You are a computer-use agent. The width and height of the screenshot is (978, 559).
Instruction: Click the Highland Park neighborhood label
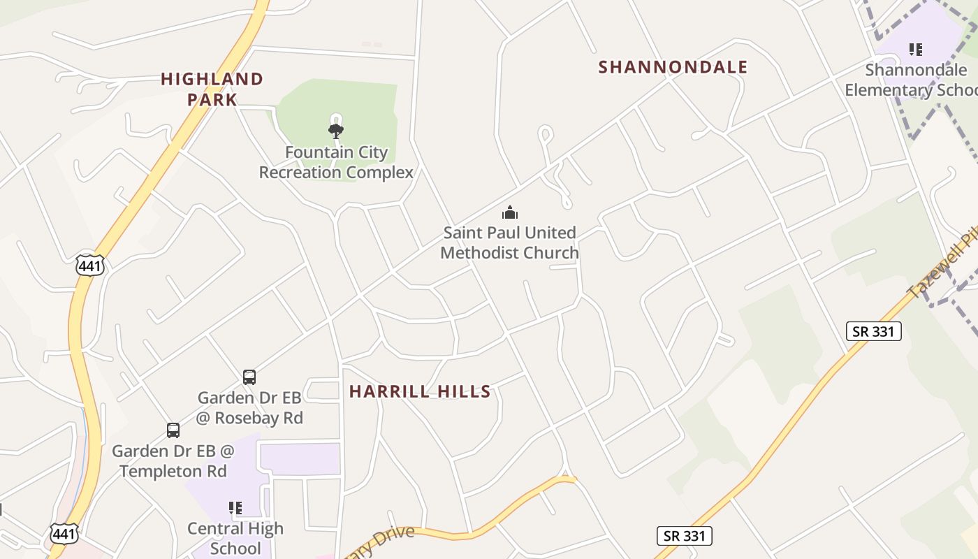(x=212, y=89)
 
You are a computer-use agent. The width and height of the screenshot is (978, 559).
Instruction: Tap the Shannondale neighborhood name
(x=673, y=67)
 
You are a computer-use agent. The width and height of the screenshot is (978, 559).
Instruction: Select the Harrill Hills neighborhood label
(x=420, y=391)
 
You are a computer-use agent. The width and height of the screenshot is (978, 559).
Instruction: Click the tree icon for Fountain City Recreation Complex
(x=336, y=130)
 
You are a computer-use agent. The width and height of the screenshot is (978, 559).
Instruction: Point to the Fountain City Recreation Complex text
(x=336, y=162)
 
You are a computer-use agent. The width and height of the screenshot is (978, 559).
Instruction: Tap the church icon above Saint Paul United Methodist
(x=511, y=212)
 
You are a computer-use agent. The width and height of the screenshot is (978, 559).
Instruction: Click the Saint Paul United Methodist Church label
(x=510, y=242)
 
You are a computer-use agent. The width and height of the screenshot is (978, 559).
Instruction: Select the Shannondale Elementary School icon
(x=915, y=49)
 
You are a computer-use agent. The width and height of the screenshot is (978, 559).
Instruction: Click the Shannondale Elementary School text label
(x=912, y=80)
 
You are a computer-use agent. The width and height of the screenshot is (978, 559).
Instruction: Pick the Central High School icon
(x=235, y=507)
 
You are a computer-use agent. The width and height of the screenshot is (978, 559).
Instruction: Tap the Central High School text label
(x=235, y=538)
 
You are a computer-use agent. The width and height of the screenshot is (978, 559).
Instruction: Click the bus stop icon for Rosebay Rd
(x=249, y=377)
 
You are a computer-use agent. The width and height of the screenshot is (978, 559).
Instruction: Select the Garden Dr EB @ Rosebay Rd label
(x=249, y=407)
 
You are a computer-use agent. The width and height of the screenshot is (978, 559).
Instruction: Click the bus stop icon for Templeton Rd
(x=173, y=430)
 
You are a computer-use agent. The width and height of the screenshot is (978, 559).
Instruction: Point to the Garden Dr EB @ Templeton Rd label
(x=173, y=461)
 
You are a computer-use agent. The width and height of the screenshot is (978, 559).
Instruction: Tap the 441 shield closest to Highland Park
(x=90, y=265)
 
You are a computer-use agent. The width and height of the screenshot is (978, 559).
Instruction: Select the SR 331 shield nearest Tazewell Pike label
(x=873, y=331)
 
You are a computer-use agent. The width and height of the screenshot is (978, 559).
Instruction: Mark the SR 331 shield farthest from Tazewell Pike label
(x=684, y=536)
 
